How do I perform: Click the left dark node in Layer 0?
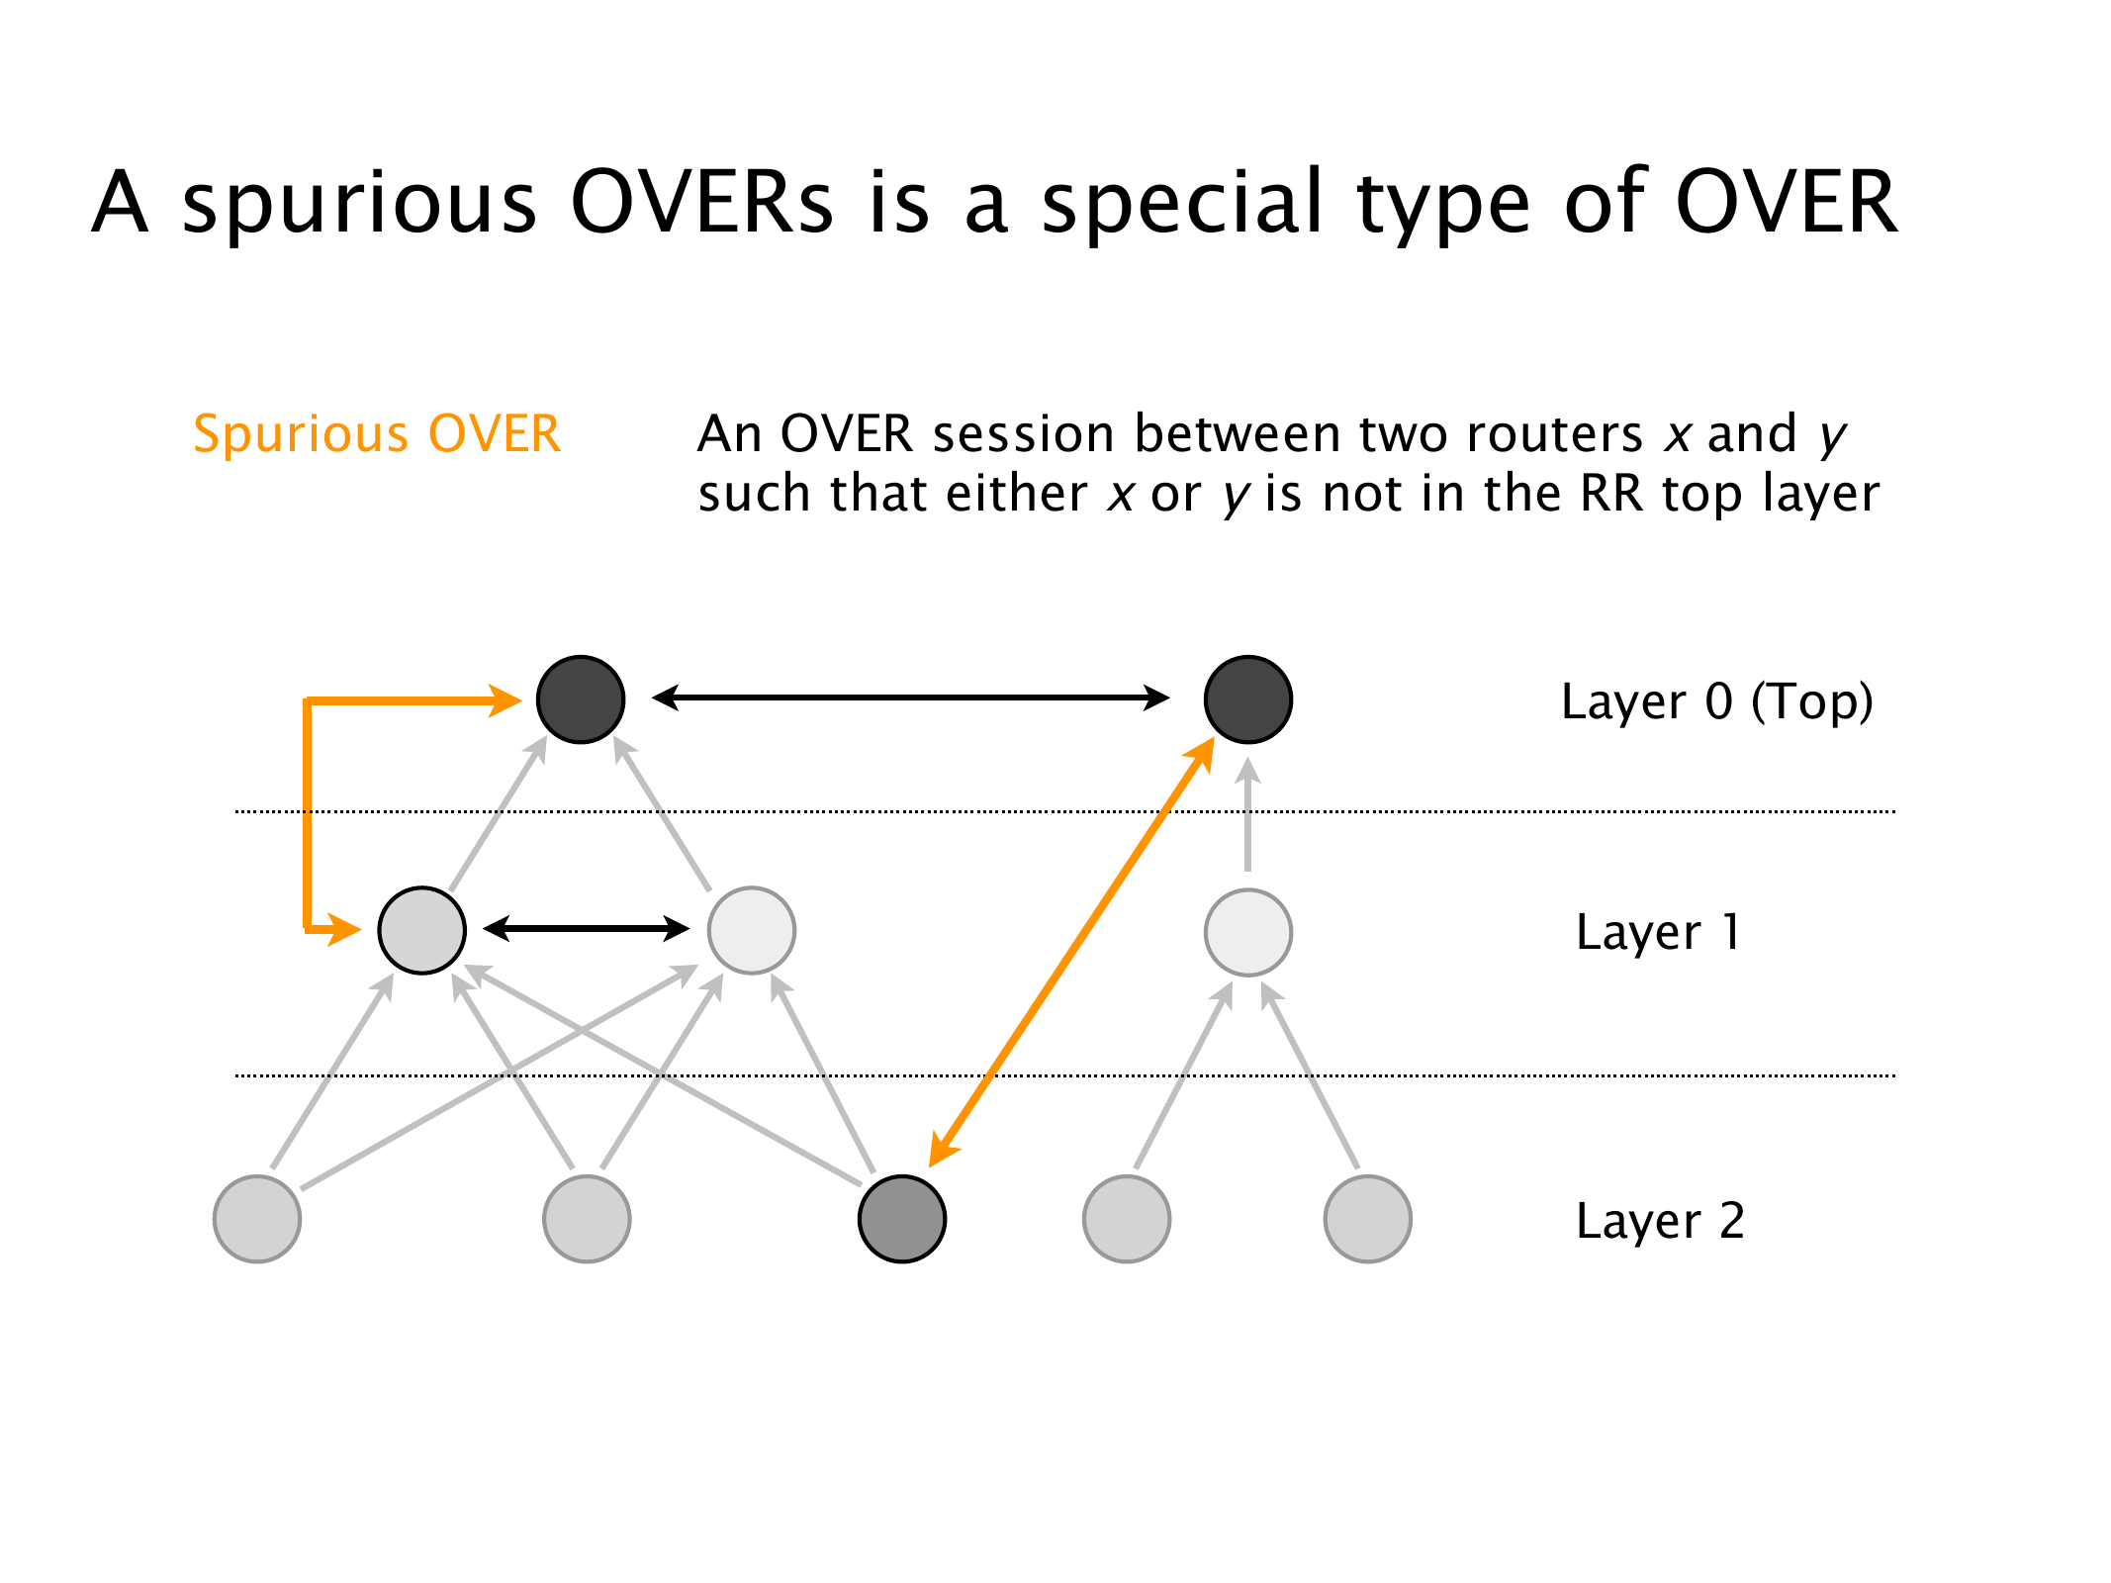[581, 699]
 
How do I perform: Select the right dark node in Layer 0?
[1247, 699]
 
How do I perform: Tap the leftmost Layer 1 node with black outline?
[422, 930]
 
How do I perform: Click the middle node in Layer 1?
[752, 930]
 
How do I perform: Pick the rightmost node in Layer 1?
[1247, 932]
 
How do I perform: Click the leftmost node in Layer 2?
[257, 1219]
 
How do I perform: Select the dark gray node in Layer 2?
[902, 1219]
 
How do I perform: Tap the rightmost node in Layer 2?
[1367, 1219]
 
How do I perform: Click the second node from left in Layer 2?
[587, 1219]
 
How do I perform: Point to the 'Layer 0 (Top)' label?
[1716, 702]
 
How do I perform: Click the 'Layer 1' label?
[1658, 932]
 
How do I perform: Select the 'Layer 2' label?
[1660, 1221]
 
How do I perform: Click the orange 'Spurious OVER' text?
[377, 434]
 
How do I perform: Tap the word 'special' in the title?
[1182, 203]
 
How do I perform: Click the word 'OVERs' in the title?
[702, 203]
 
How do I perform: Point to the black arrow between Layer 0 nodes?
[910, 698]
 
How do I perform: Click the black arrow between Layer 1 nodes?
[587, 928]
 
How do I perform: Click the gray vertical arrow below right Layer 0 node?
[1247, 816]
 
